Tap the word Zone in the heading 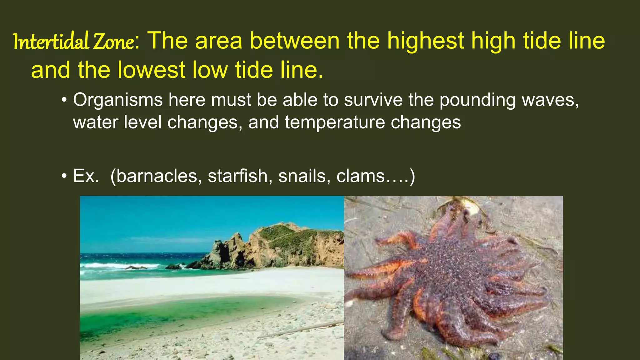coord(114,42)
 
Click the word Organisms coord(118,100)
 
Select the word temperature coord(335,122)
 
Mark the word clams coord(361,176)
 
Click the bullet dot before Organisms coord(64,100)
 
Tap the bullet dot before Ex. coord(64,176)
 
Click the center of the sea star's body coord(450,269)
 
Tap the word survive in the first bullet coord(373,100)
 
